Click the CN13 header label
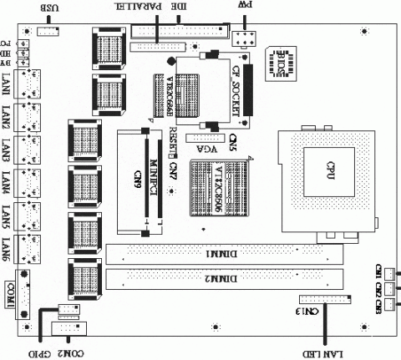click(307, 311)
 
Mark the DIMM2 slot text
click(219, 278)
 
